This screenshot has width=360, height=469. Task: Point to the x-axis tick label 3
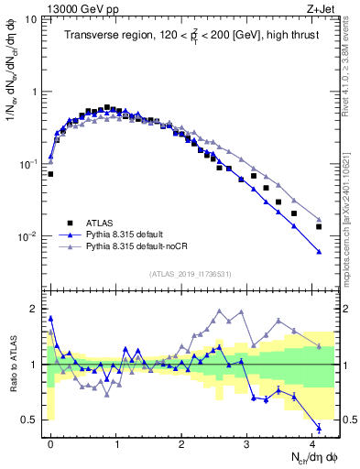pyautogui.click(x=247, y=442)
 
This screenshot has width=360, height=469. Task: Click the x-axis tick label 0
pyautogui.click(x=50, y=442)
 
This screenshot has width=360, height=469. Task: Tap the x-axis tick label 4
pyautogui.click(x=312, y=442)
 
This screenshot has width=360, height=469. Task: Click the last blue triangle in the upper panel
pyautogui.click(x=319, y=252)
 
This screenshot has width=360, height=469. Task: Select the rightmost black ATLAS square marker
pyautogui.click(x=319, y=226)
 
